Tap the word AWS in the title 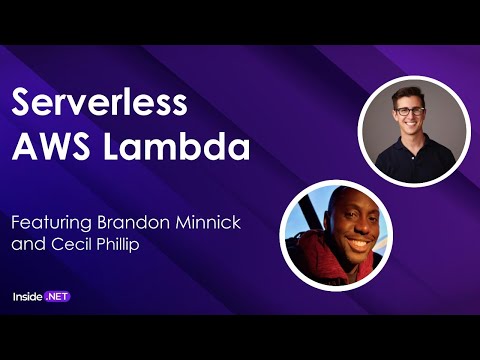tap(46, 148)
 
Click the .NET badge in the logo tap(57, 297)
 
